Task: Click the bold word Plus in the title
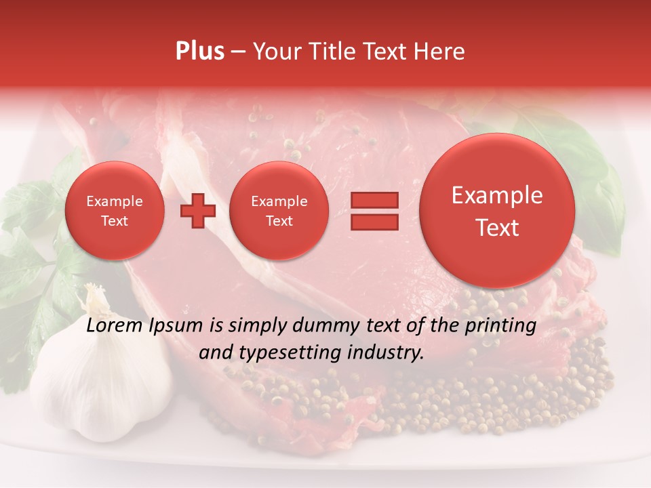tap(199, 52)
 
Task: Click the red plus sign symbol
tap(198, 211)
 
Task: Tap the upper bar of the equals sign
tap(374, 200)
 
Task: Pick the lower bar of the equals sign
tap(374, 222)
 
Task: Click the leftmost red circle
tap(114, 211)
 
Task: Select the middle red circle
tap(279, 211)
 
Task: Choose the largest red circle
tap(497, 211)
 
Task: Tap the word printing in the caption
tap(502, 327)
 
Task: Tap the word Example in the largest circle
tap(497, 195)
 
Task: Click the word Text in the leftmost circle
tap(114, 221)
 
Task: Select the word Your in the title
tap(274, 52)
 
